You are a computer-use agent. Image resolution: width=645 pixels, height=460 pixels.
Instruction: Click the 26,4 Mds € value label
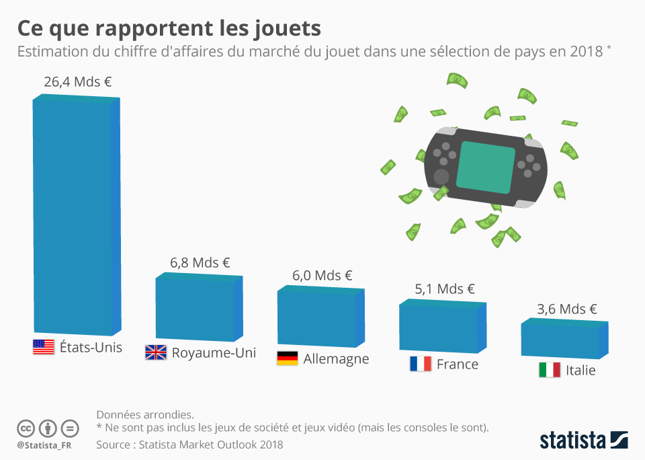[x=77, y=82]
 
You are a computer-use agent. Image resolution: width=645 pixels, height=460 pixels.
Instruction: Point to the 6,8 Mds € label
[x=200, y=263]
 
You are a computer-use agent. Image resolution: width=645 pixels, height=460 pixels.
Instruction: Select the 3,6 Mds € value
[x=567, y=309]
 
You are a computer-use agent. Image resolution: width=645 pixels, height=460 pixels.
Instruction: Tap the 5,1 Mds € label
[x=445, y=289]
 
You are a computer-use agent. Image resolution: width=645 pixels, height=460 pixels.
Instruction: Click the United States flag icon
[x=44, y=347]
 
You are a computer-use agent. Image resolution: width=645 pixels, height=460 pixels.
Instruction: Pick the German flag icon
[x=287, y=358]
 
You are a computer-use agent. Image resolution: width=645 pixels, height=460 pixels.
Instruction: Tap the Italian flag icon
[x=549, y=370]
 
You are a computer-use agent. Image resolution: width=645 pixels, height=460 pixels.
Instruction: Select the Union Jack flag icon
[x=156, y=352]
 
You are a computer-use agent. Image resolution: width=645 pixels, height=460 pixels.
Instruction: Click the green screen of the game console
[x=486, y=165]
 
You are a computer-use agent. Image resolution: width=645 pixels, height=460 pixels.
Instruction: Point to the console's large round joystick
[x=441, y=177]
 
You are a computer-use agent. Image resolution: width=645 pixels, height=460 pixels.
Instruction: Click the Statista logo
[x=583, y=440]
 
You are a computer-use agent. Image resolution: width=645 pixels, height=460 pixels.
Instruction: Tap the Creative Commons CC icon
[x=26, y=428]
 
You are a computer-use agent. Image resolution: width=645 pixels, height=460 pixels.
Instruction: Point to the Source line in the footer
[x=189, y=445]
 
